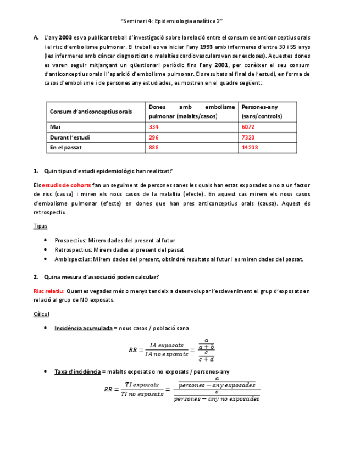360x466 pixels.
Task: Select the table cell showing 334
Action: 154,127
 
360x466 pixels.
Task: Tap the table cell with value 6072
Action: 248,127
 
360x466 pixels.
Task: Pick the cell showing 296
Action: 154,137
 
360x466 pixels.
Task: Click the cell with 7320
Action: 248,137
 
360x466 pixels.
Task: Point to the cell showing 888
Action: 154,148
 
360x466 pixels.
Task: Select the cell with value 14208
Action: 250,148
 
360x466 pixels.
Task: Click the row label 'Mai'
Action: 54,127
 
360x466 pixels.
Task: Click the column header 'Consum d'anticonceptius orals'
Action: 91,112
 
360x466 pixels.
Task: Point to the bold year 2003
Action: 65,37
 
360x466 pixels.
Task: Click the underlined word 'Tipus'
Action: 40,226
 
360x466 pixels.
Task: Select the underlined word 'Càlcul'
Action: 41,314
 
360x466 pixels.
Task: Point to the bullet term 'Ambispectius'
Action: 73,259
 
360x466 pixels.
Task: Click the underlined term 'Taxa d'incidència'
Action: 77,371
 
